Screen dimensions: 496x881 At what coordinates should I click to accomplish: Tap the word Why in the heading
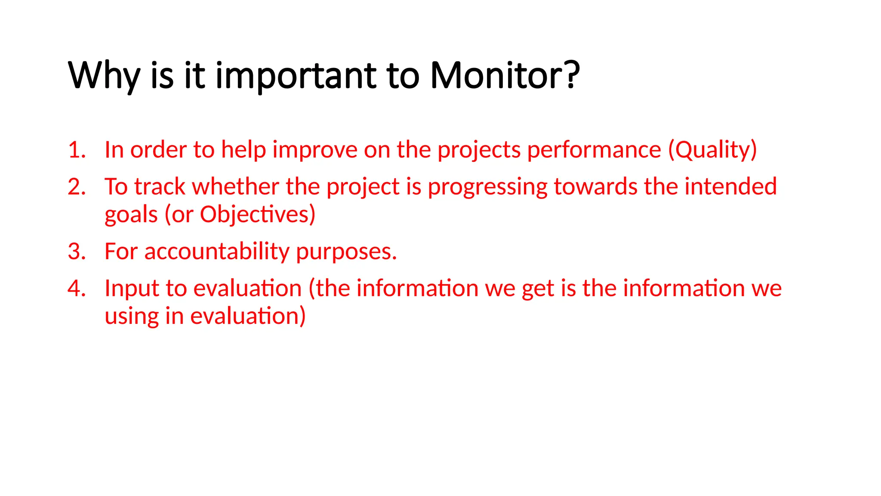pos(104,76)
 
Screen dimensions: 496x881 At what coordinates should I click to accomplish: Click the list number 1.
pos(76,150)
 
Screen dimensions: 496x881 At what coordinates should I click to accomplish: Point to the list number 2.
pos(76,187)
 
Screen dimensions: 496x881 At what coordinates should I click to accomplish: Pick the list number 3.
pos(76,251)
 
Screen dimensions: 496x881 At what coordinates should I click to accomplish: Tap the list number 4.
pos(76,288)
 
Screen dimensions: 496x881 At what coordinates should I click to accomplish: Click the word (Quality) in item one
pos(712,150)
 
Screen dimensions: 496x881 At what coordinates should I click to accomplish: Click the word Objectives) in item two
pos(257,215)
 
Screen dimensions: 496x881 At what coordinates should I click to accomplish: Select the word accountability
pos(217,251)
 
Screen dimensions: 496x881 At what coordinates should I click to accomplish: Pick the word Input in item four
pos(132,289)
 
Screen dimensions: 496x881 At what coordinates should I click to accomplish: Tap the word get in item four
pos(537,289)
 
